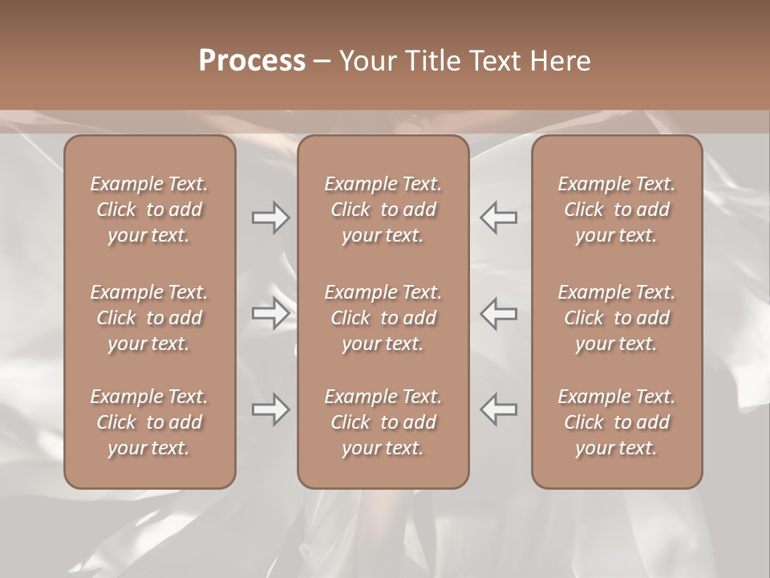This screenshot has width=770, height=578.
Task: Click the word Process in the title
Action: (252, 61)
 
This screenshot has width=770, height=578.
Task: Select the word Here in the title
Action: (559, 61)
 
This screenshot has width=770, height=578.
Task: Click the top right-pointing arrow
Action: (270, 218)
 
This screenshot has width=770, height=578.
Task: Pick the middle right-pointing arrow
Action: (270, 313)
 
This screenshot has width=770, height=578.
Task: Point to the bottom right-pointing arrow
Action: (270, 409)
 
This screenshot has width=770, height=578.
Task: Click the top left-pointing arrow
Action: (498, 218)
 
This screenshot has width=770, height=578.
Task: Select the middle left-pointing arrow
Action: (498, 313)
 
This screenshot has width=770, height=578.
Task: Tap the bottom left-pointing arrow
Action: (498, 409)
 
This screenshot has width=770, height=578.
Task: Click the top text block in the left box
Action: (149, 210)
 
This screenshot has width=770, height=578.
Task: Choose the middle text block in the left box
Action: (149, 318)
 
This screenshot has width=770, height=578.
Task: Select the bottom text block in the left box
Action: (149, 422)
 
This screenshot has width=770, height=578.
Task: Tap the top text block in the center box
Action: (383, 210)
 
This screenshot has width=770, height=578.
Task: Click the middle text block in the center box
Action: (383, 318)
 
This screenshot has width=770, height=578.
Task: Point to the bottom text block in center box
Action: (383, 422)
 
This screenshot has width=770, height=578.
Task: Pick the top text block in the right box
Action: (616, 210)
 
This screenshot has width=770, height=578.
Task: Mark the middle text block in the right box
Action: (616, 318)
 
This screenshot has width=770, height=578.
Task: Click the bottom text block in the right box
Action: (616, 422)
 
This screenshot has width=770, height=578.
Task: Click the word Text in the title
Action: (494, 61)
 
